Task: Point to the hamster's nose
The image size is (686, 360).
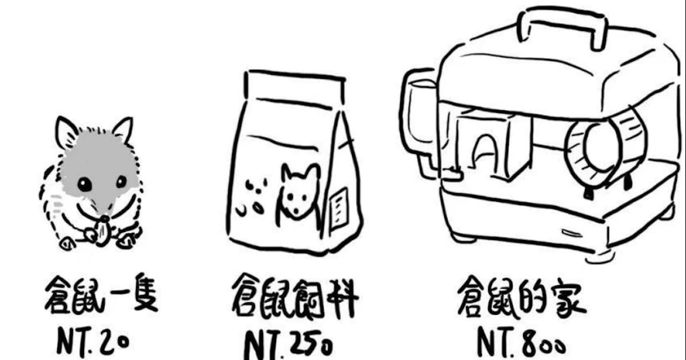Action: coord(105,218)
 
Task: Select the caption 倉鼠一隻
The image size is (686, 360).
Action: coord(101,294)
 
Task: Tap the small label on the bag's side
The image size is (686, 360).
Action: coord(340,208)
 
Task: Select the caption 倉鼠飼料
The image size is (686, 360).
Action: coord(294,297)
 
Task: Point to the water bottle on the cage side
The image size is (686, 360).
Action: coord(420,122)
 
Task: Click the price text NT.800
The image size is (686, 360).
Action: coord(521,342)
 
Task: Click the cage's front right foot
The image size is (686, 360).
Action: coord(600,257)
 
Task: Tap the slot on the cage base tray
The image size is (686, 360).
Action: coord(572,233)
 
